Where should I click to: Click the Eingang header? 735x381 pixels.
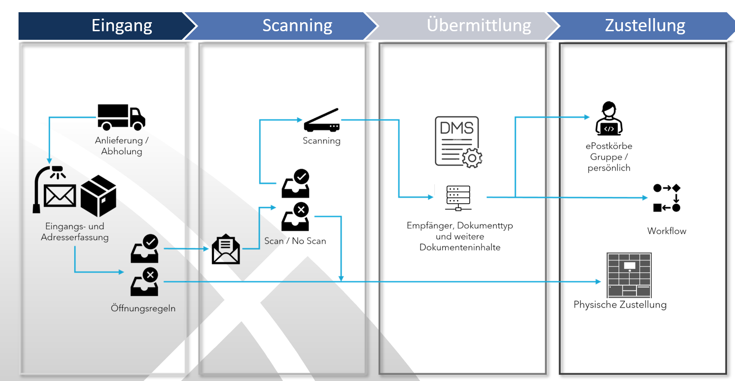(122, 26)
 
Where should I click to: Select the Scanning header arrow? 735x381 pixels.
(297, 26)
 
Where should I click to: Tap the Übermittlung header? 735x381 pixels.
(479, 26)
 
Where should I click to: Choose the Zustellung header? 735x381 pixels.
(645, 26)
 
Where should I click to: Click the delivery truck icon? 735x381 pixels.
(121, 117)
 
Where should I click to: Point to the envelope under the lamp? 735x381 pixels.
(60, 195)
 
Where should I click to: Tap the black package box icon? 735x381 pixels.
(99, 195)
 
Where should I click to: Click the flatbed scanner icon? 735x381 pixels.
(321, 121)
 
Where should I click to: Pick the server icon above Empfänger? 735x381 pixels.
(458, 198)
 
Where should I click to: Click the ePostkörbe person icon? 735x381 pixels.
(609, 119)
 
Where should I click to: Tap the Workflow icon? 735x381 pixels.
(667, 198)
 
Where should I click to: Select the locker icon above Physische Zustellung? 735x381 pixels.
(629, 275)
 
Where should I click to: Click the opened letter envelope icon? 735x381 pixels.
(226, 249)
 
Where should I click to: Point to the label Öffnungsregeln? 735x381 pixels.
(143, 309)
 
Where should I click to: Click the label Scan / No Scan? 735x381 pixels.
(295, 241)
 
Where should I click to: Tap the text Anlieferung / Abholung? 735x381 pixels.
(122, 146)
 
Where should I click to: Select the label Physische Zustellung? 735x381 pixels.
(620, 305)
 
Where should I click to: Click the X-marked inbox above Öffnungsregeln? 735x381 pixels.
(145, 282)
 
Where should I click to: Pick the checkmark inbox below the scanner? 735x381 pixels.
(296, 184)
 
